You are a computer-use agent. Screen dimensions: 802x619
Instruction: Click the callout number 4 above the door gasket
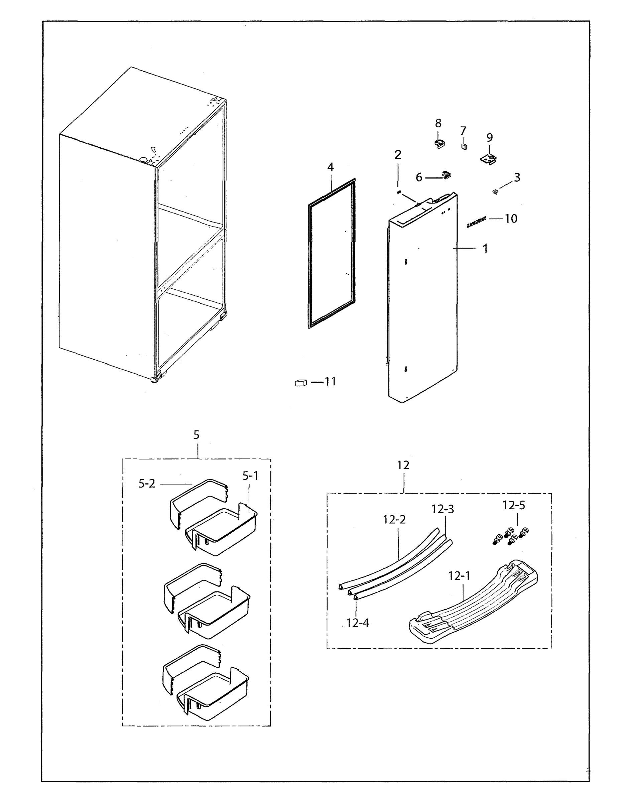[330, 167]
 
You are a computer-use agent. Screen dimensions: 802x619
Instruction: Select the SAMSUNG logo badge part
[477, 222]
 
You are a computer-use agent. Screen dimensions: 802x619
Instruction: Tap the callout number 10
[511, 219]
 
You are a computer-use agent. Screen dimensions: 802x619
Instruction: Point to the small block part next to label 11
[300, 383]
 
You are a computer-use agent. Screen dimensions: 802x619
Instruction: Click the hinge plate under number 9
[489, 159]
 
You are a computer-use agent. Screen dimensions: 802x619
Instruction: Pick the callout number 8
[438, 123]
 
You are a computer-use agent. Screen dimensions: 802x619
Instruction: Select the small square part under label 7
[464, 146]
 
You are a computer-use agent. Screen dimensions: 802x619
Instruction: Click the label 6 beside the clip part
[419, 178]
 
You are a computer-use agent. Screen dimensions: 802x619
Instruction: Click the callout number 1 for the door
[485, 249]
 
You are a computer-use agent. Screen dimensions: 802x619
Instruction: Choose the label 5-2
[147, 484]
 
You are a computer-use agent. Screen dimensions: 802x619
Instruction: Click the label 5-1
[250, 476]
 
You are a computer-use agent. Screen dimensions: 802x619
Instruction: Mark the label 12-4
[357, 623]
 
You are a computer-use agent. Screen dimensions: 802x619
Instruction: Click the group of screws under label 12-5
[510, 536]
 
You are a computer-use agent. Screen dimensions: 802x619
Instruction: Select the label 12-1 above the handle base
[459, 576]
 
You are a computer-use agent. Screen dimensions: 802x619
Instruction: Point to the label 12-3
[442, 509]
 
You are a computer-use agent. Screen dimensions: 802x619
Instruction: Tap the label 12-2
[394, 520]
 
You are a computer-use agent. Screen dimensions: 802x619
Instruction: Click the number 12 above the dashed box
[403, 465]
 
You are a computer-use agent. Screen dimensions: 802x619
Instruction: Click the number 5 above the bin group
[197, 435]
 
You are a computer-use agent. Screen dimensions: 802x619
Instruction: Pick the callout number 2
[398, 155]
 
